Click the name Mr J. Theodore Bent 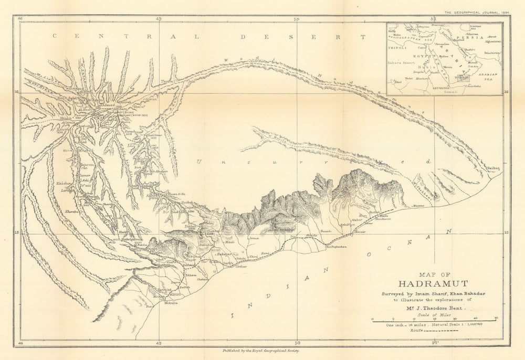pos(435,310)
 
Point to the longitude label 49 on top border pos(159,19)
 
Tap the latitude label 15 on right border pos(506,232)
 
